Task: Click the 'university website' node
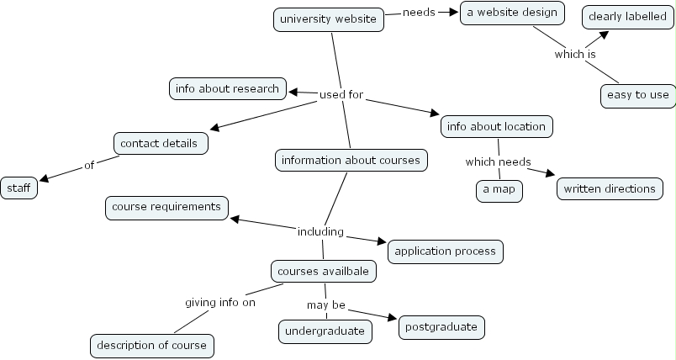tap(328, 19)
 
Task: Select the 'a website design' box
tap(512, 13)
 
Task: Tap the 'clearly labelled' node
tap(627, 16)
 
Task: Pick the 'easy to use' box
tap(637, 94)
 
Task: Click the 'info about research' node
tap(227, 88)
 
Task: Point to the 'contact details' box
tap(160, 143)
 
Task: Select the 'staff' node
tap(18, 188)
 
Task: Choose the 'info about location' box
tap(496, 126)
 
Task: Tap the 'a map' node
tap(498, 190)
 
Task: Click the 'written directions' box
tap(609, 188)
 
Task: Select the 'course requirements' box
tap(166, 206)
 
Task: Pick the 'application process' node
tap(446, 250)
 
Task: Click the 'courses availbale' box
tap(323, 271)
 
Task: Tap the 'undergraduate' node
tap(325, 331)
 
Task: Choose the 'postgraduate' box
tap(441, 326)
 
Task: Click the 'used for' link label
tap(341, 95)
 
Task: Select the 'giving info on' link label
tap(219, 303)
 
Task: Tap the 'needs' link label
tap(419, 13)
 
